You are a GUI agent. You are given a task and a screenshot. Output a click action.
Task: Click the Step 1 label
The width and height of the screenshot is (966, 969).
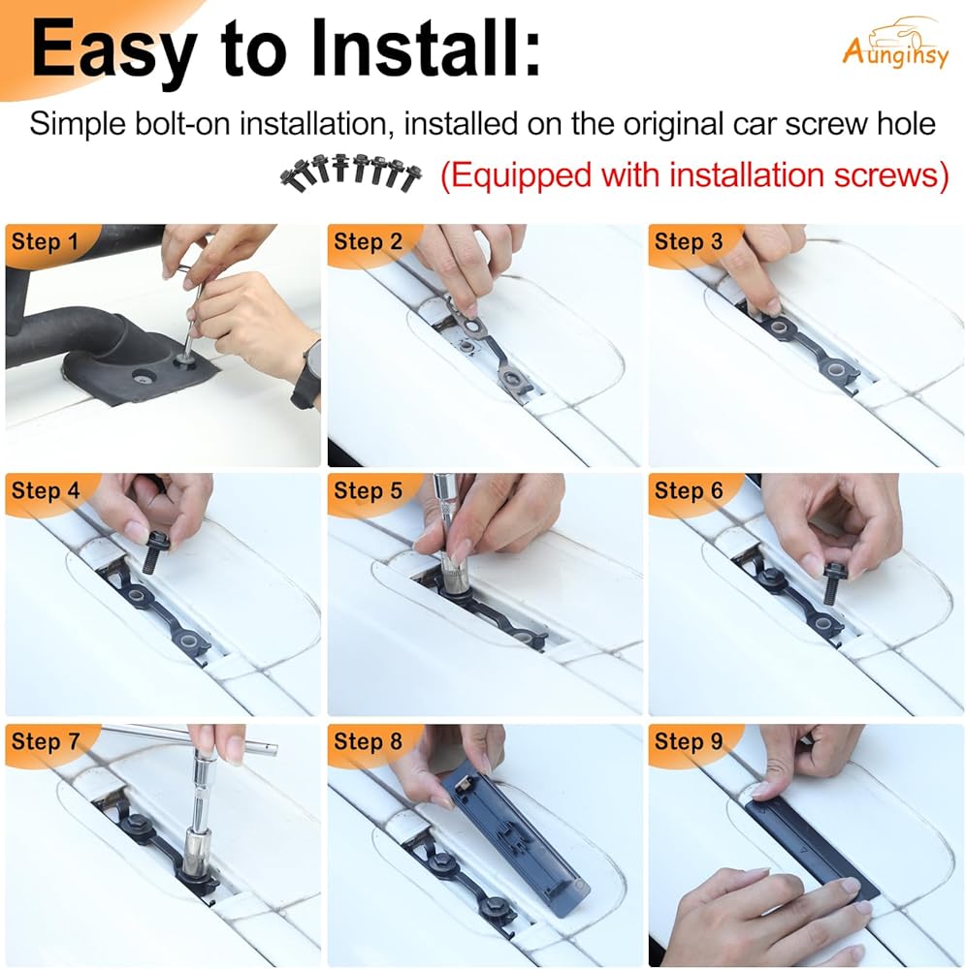pos(46,241)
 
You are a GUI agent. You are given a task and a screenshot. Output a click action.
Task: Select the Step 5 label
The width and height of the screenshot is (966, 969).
pos(368,491)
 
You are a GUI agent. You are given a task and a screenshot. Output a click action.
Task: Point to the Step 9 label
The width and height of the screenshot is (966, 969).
pos(689,741)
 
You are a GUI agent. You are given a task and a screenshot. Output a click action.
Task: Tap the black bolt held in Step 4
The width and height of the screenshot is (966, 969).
pos(151,554)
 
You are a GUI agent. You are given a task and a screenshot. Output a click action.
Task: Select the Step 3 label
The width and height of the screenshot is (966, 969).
pos(689,241)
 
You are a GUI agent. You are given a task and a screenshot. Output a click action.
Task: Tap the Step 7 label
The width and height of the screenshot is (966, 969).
pos(46,741)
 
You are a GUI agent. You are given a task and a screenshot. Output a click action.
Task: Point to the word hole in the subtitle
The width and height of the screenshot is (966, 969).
pos(909,124)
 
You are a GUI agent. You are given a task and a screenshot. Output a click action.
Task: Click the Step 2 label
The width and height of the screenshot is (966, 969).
pos(368,241)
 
